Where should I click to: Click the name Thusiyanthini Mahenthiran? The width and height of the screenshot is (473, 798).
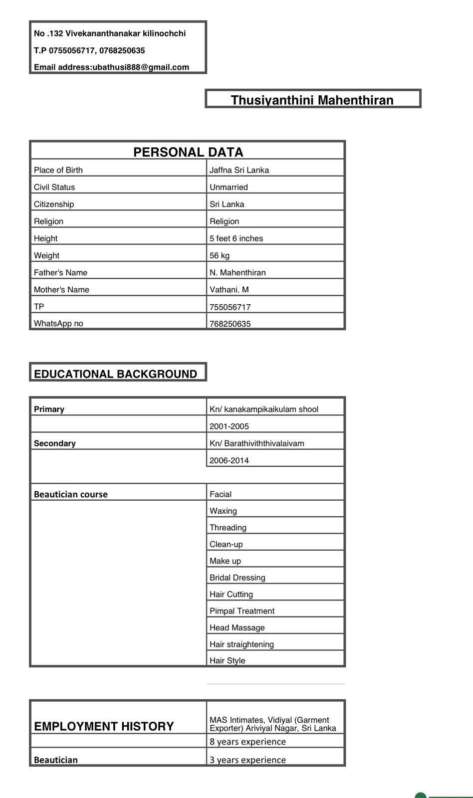point(312,100)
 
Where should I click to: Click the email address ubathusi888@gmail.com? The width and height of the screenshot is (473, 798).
point(141,67)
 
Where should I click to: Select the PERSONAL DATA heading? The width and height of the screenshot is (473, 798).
point(188,152)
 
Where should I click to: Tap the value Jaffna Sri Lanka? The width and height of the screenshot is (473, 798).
point(239,170)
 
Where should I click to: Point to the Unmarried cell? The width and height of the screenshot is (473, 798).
point(229,187)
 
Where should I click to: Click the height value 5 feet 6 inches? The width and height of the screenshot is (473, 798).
point(236,238)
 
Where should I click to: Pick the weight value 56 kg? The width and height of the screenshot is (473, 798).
point(220,255)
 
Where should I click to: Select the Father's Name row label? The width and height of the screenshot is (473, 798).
point(60,272)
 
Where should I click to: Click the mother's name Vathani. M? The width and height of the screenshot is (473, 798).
point(229,289)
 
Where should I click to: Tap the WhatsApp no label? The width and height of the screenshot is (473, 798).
point(58,323)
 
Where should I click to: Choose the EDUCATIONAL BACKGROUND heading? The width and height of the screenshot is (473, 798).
point(115,374)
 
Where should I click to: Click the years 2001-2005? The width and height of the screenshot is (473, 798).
point(229,426)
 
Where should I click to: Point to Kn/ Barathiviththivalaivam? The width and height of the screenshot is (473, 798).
point(256,443)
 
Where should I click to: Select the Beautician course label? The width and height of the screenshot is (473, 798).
point(71,494)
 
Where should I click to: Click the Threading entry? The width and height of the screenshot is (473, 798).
point(228,528)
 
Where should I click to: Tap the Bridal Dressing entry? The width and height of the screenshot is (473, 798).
point(237,578)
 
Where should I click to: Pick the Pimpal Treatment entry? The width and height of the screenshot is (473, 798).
point(242,611)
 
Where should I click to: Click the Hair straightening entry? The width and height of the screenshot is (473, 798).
point(241,644)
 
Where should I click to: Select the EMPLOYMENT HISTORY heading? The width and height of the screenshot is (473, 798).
point(104,726)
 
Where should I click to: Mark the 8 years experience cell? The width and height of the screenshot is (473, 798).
point(247,742)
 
